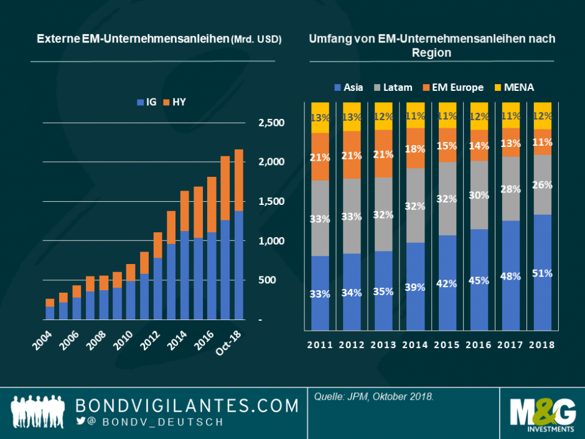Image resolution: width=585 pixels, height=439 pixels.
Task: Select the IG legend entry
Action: click(x=147, y=101)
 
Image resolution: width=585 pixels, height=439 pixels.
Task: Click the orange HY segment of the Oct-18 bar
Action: click(x=238, y=181)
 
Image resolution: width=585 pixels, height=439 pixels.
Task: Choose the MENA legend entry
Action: click(x=515, y=87)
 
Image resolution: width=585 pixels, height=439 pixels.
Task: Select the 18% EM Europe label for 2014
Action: click(x=415, y=149)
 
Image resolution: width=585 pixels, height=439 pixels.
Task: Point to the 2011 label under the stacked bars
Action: click(x=320, y=344)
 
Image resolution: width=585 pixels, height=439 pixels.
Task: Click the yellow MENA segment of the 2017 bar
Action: click(x=511, y=115)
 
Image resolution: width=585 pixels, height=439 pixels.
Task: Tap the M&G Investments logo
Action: click(x=541, y=413)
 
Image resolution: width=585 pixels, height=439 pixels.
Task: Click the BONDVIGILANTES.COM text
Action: click(x=187, y=406)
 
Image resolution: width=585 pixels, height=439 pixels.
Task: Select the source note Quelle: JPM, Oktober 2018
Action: click(x=373, y=397)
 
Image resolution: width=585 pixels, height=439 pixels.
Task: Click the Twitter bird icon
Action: click(x=80, y=421)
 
